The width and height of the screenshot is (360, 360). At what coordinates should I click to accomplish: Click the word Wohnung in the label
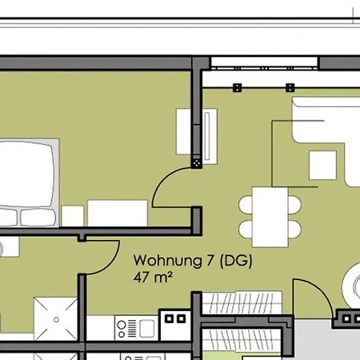pos(167,261)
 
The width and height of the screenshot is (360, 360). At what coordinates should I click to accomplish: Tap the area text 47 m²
pos(153,278)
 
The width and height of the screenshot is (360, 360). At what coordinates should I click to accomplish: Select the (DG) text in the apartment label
pos(236,261)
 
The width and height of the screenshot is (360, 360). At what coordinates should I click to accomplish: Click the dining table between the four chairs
pos(270,217)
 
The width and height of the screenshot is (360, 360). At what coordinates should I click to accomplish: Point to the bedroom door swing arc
pos(159,182)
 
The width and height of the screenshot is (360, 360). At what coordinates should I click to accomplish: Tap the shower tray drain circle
pos(56,319)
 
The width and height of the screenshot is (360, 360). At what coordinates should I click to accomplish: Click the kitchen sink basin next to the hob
pos(147,328)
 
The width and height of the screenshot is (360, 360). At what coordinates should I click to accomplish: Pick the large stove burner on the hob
pos(122,325)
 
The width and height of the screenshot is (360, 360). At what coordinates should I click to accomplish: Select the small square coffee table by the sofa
pos(322,166)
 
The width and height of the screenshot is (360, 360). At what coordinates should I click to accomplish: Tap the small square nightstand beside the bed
pos(73,216)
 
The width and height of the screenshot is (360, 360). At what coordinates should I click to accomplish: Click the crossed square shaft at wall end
pos(197,163)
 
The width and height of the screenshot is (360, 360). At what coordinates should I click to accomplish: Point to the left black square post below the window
pos(238,88)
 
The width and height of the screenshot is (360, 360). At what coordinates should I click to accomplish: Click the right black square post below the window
pos(290,88)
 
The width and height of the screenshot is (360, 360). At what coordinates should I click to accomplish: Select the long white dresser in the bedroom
pos(118,214)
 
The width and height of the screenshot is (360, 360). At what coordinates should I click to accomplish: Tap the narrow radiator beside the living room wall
pos(207,136)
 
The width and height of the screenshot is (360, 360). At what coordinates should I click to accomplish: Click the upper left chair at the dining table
pos(246,205)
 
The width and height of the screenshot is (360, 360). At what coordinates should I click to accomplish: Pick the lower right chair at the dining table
pos(294,229)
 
